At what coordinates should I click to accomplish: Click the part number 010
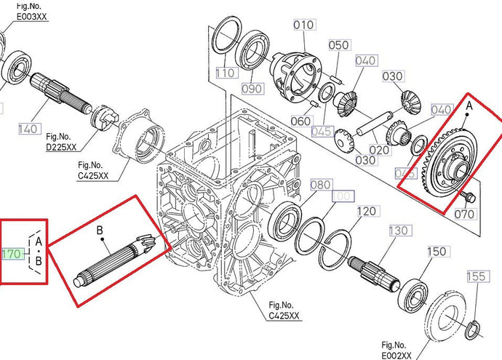tap(304, 25)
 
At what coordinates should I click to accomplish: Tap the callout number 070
tap(463, 214)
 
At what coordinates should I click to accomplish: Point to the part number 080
tap(321, 185)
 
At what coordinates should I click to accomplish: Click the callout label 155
tap(476, 276)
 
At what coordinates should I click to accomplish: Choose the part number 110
tap(226, 73)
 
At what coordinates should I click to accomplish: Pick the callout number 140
tap(28, 129)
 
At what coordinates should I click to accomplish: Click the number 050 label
tap(339, 45)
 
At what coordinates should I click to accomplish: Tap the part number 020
tap(378, 151)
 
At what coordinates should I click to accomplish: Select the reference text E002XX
tap(396, 354)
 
